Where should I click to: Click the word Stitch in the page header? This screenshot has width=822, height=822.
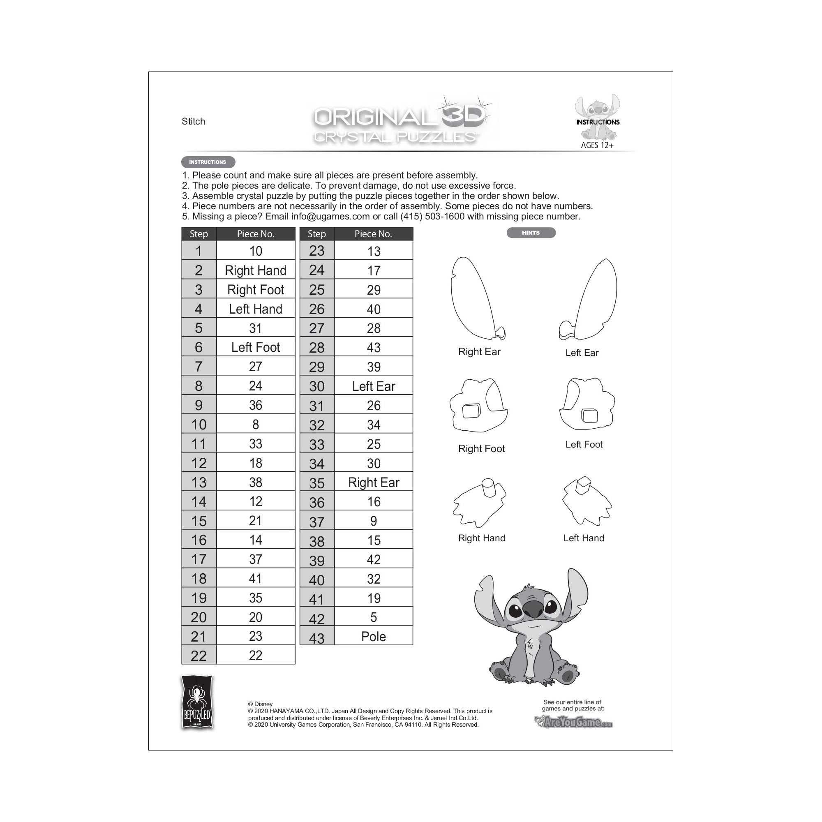pyautogui.click(x=193, y=122)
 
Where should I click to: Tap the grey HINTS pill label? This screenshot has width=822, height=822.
pyautogui.click(x=531, y=233)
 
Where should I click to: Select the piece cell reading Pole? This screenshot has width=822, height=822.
pyautogui.click(x=373, y=637)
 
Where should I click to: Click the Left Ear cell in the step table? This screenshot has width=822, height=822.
pyautogui.click(x=373, y=386)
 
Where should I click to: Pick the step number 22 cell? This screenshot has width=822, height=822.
pyautogui.click(x=199, y=656)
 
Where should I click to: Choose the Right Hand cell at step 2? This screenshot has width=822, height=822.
pyautogui.click(x=255, y=270)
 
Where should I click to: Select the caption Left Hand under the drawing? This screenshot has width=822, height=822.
pyautogui.click(x=583, y=538)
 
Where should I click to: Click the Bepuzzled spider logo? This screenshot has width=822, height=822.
pyautogui.click(x=197, y=703)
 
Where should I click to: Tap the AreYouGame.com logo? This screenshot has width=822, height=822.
pyautogui.click(x=573, y=722)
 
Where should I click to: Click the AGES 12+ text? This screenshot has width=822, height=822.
pyautogui.click(x=597, y=145)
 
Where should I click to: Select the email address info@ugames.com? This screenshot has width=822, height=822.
pyautogui.click(x=330, y=217)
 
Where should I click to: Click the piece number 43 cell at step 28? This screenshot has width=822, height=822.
pyautogui.click(x=373, y=348)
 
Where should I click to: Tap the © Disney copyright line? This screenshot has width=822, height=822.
pyautogui.click(x=260, y=704)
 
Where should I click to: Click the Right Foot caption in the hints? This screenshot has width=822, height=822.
pyautogui.click(x=481, y=449)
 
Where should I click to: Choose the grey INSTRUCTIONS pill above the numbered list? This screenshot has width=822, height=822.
pyautogui.click(x=208, y=162)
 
